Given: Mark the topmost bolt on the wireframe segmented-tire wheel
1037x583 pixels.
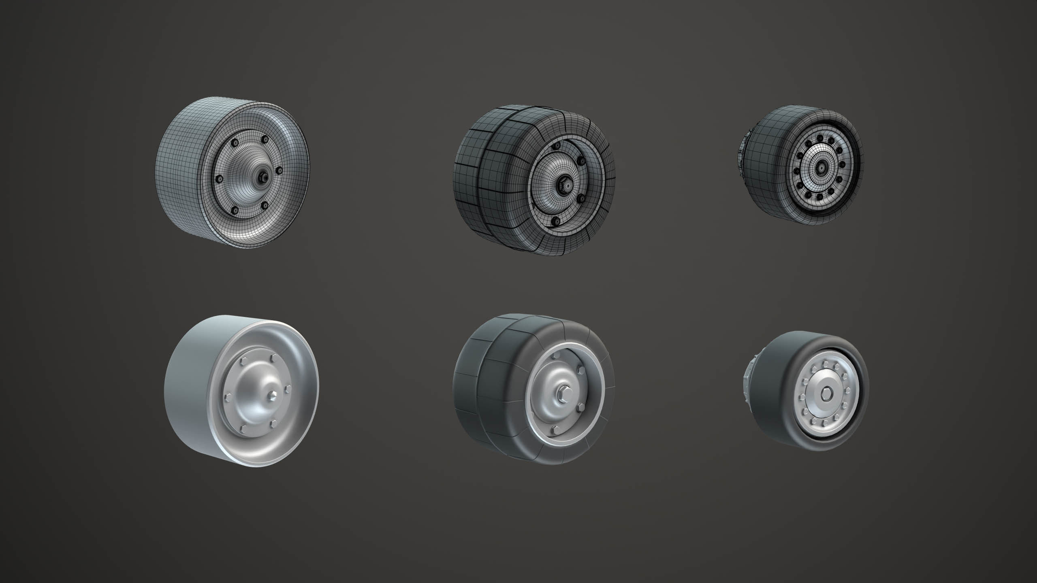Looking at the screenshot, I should [x=557, y=145].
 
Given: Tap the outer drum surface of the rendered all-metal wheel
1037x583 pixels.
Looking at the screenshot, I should [x=190, y=389].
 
